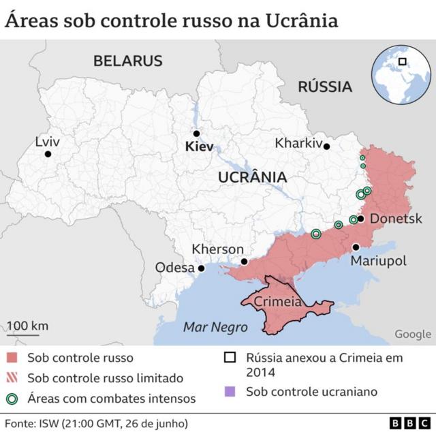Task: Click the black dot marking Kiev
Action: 196,134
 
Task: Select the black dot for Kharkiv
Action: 327,146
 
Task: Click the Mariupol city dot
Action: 356,247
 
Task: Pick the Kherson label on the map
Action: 217,249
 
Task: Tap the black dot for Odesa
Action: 201,268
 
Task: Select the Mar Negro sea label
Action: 215,327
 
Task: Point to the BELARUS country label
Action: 128,61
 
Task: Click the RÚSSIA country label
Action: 325,87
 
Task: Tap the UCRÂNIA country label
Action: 252,177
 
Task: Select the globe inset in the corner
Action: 396,70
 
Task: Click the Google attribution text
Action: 412,334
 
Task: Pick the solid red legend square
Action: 12,358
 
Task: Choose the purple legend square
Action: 231,391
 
